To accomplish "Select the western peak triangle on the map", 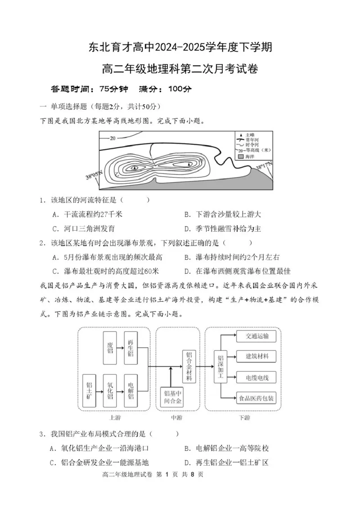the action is tap(135, 167).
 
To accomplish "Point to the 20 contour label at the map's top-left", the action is tap(112, 138).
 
